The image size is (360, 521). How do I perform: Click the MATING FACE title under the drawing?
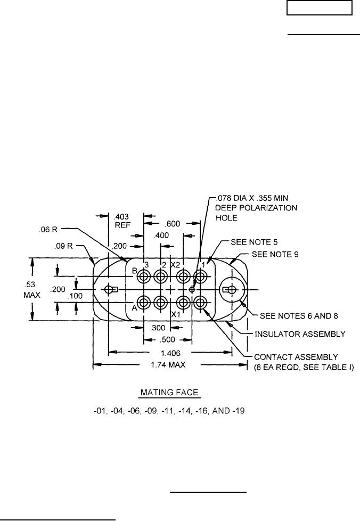click(169, 393)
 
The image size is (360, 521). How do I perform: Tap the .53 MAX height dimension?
click(13, 289)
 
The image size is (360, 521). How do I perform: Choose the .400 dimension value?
click(161, 235)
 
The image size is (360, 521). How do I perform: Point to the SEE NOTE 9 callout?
click(276, 255)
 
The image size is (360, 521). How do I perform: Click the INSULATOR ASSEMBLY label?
click(301, 334)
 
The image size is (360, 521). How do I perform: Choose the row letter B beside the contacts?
click(135, 271)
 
